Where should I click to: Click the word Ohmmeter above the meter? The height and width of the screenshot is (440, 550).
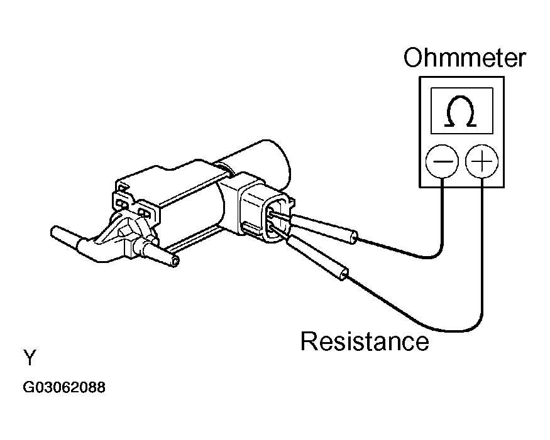pos(464,58)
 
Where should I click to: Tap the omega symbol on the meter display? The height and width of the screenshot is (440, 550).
pos(461,112)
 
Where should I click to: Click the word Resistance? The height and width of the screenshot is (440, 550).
pos(364,341)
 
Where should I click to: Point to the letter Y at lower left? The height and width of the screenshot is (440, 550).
pos(30,358)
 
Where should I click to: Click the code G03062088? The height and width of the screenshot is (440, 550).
pos(64,387)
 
